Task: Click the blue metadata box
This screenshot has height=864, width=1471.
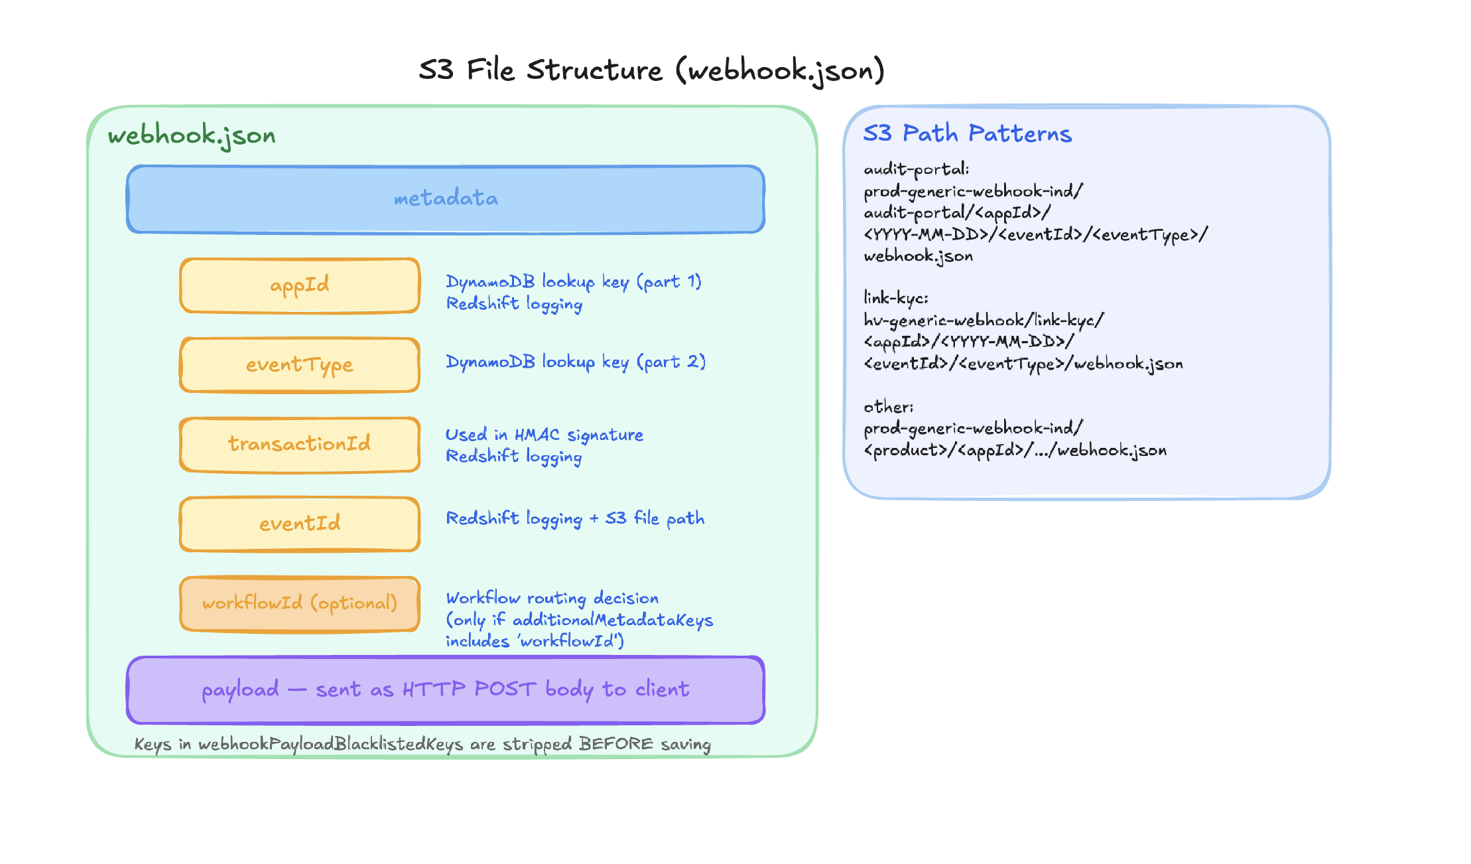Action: coord(446,199)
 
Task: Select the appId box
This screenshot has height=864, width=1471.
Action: coord(300,285)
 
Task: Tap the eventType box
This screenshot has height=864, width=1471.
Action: coord(300,365)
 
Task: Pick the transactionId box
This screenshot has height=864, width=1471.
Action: coord(300,444)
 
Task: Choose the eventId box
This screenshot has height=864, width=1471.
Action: coord(300,524)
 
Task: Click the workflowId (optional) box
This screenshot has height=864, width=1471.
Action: coord(300,603)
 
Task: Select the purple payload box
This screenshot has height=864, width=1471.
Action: coord(446,689)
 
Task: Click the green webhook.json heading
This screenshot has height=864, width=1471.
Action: coord(192,135)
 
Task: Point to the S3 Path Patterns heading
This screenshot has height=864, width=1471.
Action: coord(967,133)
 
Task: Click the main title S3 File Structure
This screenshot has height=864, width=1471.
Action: coord(651,70)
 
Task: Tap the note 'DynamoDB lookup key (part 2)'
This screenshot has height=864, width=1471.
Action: coord(575,362)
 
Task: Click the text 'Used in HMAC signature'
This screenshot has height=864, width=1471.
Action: coord(544,435)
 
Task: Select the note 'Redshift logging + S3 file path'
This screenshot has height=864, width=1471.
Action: coord(575,518)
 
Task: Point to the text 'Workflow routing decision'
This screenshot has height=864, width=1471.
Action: coord(552,599)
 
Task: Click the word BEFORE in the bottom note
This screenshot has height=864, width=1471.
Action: coord(615,744)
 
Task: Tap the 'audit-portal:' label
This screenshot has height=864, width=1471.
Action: coord(916,170)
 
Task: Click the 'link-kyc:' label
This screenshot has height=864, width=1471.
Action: coord(895,298)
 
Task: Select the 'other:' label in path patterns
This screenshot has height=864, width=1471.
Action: coord(888,407)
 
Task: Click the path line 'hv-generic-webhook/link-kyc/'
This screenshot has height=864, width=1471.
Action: coord(984,321)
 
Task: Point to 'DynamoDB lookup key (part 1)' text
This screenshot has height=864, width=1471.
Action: coord(573,282)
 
